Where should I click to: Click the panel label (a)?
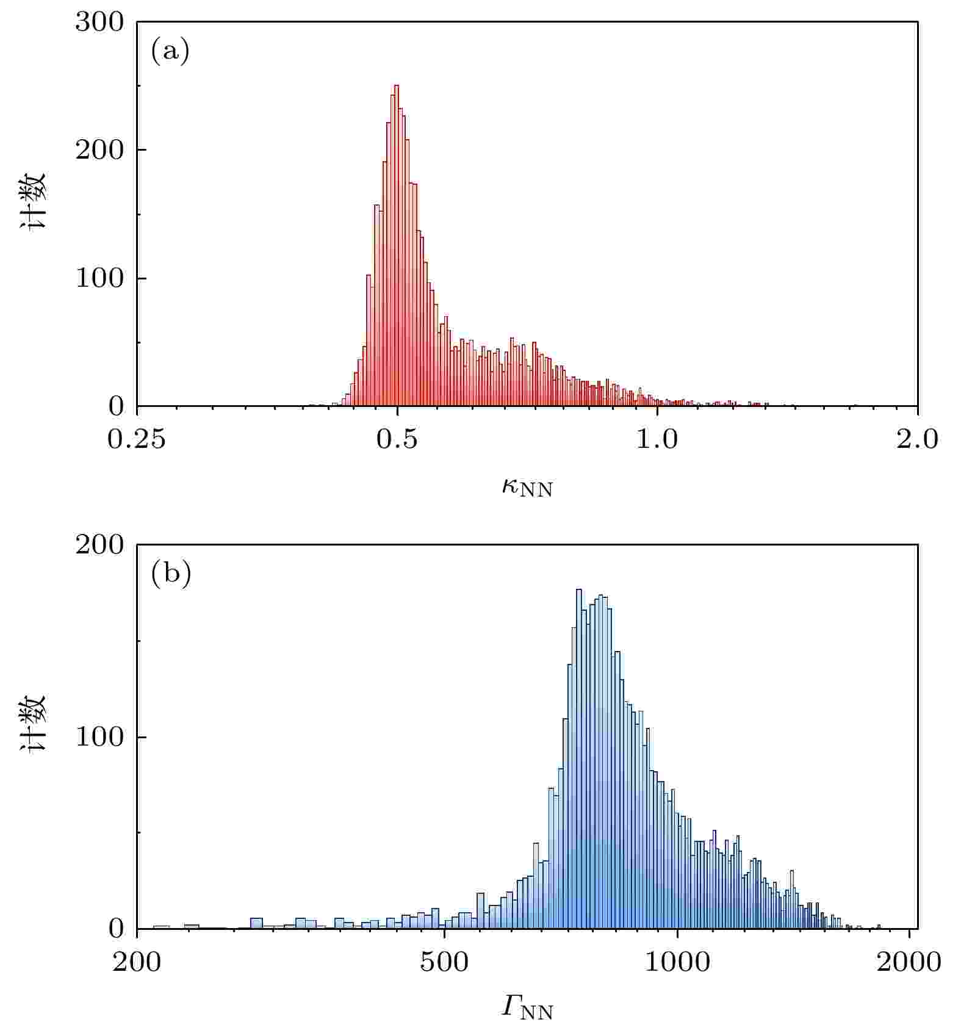[x=170, y=51]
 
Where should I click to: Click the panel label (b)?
[x=171, y=574]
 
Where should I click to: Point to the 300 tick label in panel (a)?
[x=99, y=23]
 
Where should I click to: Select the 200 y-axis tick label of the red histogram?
[x=99, y=150]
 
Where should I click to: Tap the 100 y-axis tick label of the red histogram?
[x=99, y=278]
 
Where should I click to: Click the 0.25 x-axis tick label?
[x=136, y=439]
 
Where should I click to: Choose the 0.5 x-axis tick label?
[x=397, y=439]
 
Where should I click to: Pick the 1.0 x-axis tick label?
[x=657, y=439]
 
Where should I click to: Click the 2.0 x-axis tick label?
[x=917, y=439]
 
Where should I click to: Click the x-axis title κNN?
[x=527, y=488]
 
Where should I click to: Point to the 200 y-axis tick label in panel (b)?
[x=99, y=545]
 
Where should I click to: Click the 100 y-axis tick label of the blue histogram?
[x=99, y=737]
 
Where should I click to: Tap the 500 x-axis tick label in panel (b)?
[x=444, y=962]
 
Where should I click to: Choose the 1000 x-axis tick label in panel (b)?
[x=677, y=962]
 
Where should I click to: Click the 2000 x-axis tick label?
[x=909, y=962]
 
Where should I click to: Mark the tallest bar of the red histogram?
[x=397, y=244]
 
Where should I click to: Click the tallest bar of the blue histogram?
[x=579, y=763]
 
